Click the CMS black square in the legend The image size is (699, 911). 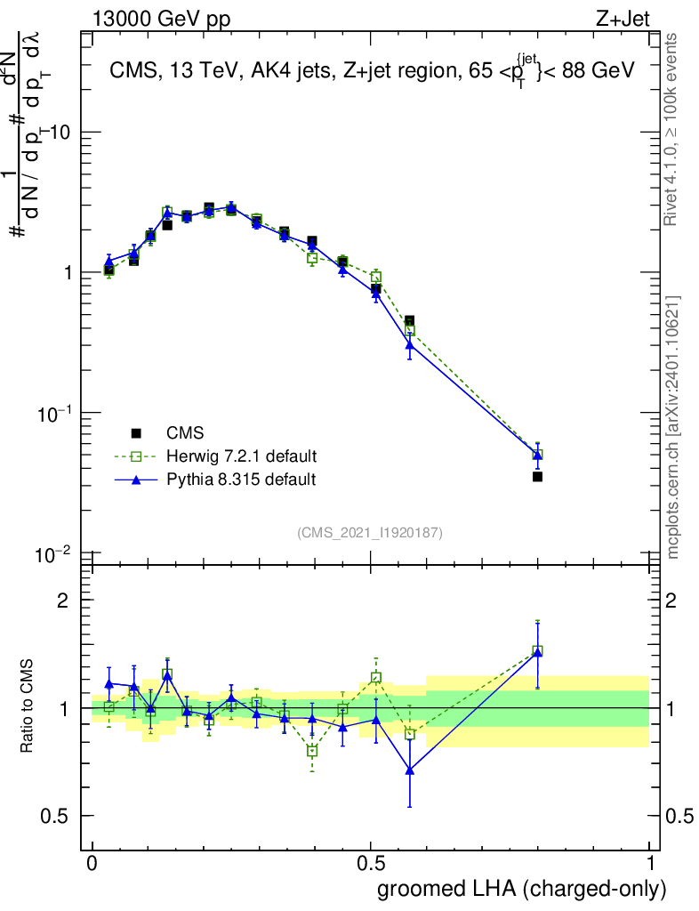[x=136, y=433]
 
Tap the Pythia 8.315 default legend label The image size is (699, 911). [x=240, y=480]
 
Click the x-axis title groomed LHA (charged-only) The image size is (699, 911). [x=522, y=889]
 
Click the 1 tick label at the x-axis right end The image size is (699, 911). [x=650, y=864]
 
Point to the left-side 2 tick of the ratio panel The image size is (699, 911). [x=62, y=601]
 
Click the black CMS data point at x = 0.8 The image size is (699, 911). [x=537, y=477]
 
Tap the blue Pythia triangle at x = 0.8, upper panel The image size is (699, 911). [x=537, y=454]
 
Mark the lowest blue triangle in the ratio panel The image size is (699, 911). [x=410, y=770]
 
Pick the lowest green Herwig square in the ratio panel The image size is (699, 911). [x=312, y=751]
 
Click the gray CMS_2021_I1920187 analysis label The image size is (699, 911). [x=370, y=532]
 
